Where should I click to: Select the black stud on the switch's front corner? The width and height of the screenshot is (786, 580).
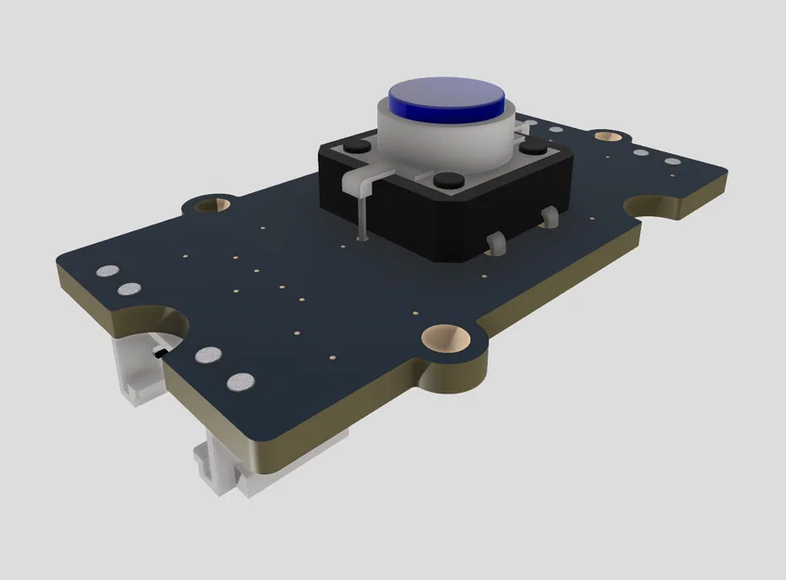pyautogui.click(x=448, y=179)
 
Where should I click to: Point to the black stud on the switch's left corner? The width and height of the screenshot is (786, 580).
pyautogui.click(x=354, y=148)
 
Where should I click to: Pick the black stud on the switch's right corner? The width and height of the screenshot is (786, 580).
pyautogui.click(x=531, y=148)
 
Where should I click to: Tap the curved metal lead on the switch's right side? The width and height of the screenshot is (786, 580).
pyautogui.click(x=495, y=243)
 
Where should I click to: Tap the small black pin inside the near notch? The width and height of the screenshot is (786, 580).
pyautogui.click(x=159, y=353)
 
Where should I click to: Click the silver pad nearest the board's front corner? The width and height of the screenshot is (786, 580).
pyautogui.click(x=241, y=381)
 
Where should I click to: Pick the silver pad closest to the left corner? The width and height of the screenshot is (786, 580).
pyautogui.click(x=108, y=272)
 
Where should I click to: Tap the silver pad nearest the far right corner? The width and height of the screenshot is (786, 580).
pyautogui.click(x=671, y=161)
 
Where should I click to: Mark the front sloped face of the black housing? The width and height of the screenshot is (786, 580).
pyautogui.click(x=437, y=228)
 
